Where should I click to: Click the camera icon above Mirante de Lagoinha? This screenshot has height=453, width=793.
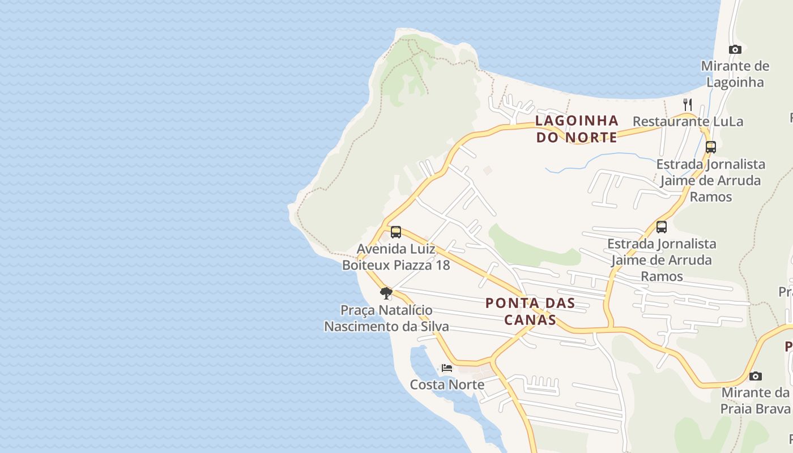coord(735,49)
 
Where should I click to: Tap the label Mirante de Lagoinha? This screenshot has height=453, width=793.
coord(735,74)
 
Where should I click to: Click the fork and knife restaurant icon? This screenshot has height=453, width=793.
coord(687,104)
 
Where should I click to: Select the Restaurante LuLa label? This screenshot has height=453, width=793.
coord(687,121)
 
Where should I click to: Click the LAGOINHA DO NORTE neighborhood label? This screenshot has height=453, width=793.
coord(577,129)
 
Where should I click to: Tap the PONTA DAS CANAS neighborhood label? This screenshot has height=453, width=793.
coord(530,311)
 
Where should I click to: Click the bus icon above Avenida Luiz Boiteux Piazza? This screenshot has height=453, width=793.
coord(395,232)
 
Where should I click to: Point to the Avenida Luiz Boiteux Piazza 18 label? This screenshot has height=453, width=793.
coord(395,257)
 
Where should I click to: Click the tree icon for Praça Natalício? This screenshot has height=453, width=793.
coord(386,293)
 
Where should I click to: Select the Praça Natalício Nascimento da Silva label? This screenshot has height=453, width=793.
coord(386,318)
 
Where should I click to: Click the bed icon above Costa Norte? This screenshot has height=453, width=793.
coord(447,367)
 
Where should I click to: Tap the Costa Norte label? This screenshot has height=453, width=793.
coord(447,384)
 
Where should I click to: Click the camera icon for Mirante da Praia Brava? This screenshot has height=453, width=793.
coord(755,376)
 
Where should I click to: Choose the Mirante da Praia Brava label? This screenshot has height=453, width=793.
coord(755,400)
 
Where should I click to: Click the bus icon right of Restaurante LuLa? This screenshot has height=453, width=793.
coord(710,147)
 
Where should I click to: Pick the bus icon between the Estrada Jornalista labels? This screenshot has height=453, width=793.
coord(661,227)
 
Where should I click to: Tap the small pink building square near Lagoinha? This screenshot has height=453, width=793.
coord(488,169)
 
